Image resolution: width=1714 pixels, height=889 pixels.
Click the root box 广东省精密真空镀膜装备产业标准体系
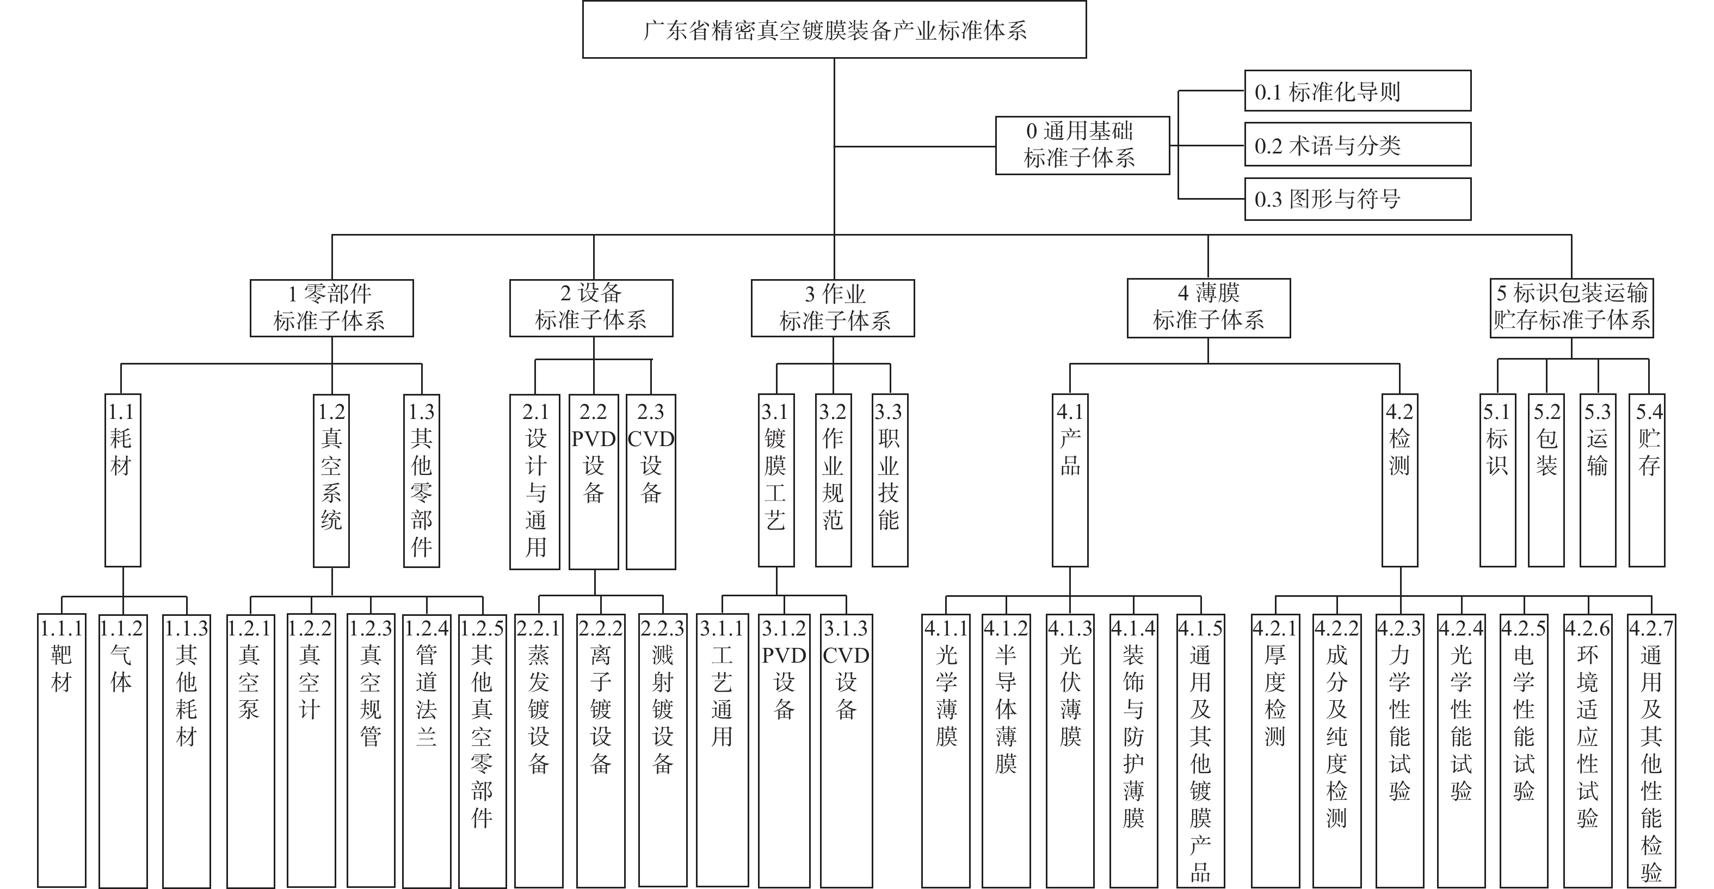pos(834,30)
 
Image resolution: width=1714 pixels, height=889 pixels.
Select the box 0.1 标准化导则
pos(1358,90)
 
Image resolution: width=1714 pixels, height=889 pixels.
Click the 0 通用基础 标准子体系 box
pos(1083,145)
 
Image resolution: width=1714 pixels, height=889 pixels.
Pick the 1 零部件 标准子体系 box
pos(331,307)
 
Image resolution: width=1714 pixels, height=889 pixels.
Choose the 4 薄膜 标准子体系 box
pos(1209,307)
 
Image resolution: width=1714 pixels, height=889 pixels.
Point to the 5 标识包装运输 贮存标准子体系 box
pos(1571,307)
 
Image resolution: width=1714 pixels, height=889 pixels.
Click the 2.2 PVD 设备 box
pos(594,481)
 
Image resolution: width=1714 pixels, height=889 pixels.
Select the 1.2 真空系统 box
pos(331,480)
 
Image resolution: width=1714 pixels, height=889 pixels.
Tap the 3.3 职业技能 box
pos(890,480)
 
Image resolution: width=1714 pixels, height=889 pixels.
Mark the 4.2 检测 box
pos(1400,480)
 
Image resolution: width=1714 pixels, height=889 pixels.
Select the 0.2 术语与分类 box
pos(1358,144)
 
